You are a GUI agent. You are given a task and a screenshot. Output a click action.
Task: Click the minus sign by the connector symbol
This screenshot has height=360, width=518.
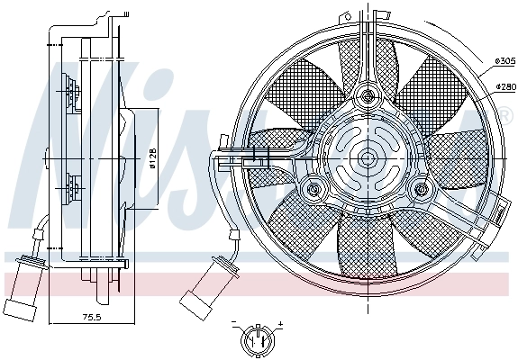[232, 322]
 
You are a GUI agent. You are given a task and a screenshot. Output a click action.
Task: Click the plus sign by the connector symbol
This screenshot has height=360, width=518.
[280, 322]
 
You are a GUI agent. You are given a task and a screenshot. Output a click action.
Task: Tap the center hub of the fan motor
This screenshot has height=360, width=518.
[367, 157]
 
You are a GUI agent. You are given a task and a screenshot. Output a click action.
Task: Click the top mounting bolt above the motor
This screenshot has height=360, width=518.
[367, 95]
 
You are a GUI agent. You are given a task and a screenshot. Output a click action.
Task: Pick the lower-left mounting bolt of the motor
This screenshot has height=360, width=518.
[313, 190]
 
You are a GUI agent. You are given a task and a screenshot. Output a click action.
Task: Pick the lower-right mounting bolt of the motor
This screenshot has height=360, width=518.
[420, 189]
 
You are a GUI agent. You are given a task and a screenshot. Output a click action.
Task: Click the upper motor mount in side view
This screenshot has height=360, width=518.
[70, 90]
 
